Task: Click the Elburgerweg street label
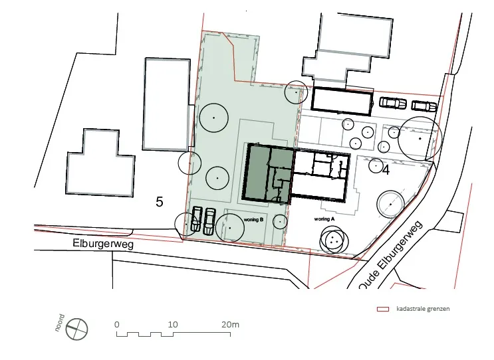click(103, 244)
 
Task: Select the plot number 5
click(160, 202)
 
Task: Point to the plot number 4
click(386, 170)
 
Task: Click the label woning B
click(253, 220)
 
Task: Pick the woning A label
click(324, 219)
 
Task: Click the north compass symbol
click(77, 329)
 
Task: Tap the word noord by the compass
click(60, 323)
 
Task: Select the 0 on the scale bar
click(117, 324)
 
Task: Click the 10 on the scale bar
click(173, 324)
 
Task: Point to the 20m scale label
click(230, 324)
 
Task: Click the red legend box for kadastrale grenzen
click(383, 309)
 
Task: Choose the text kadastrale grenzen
click(423, 309)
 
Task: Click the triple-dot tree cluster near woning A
click(334, 240)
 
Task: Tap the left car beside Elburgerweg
click(196, 219)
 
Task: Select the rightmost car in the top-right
click(424, 106)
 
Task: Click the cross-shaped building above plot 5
click(100, 163)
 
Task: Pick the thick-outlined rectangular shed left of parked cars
click(342, 101)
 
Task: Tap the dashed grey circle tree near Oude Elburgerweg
click(391, 204)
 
